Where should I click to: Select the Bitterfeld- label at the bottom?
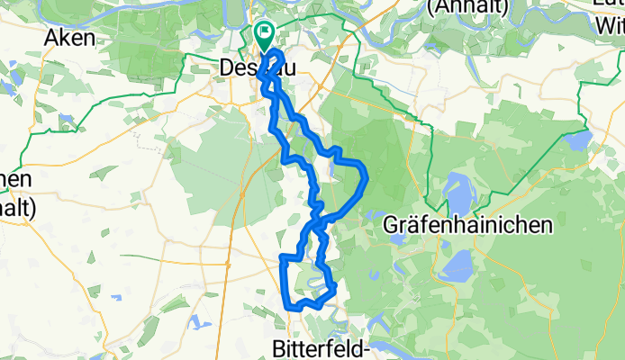[322, 346]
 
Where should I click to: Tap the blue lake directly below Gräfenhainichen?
[460, 263]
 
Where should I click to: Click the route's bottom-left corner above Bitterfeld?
[291, 307]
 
